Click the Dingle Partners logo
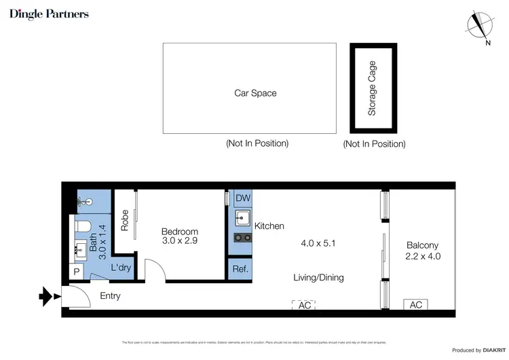[49, 14]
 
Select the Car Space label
[255, 93]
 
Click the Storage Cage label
[372, 88]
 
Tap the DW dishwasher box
[242, 198]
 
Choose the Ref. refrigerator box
[239, 268]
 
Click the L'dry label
[121, 269]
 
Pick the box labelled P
[75, 272]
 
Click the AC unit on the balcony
[416, 305]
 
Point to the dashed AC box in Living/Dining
[305, 305]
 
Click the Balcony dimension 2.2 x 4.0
[423, 256]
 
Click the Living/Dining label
[318, 277]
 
